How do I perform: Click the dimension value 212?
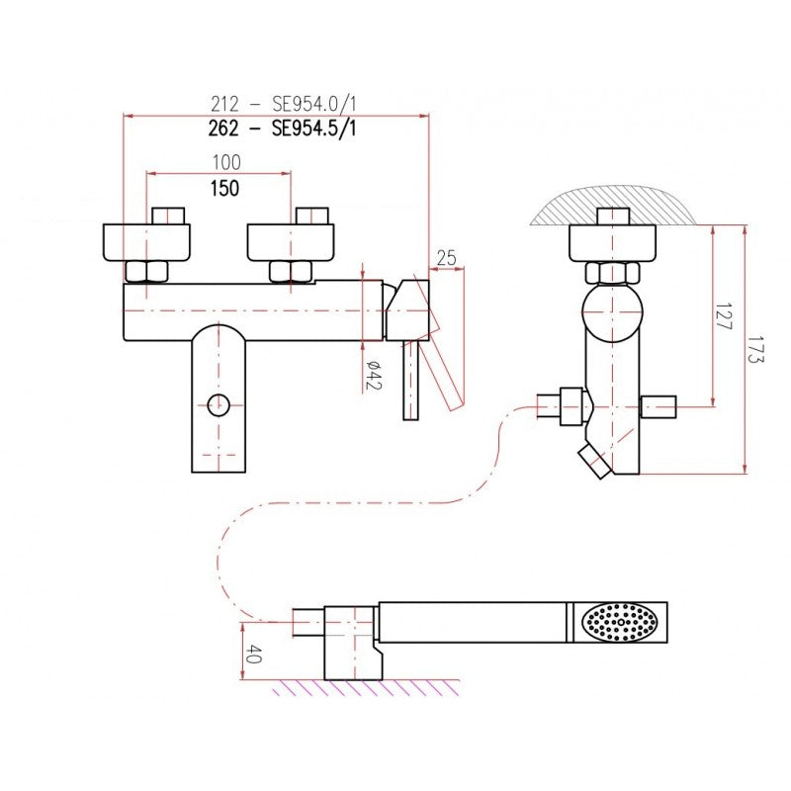coord(224,105)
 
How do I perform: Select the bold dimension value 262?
coord(223,129)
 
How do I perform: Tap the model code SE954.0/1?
coord(314,104)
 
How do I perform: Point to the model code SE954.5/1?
coord(313,129)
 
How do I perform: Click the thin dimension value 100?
coord(226,162)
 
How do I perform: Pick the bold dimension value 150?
coord(225,188)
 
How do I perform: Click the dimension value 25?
coord(446,258)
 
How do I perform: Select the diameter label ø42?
coord(374,376)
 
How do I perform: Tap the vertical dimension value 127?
coord(724,316)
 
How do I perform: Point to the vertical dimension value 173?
coord(756,350)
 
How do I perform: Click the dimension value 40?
coord(253,654)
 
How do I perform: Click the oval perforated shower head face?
coord(620,622)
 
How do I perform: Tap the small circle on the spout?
coord(219,404)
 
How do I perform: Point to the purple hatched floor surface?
coord(366,687)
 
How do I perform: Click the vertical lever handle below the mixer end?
coord(410,380)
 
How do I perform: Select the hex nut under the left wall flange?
coord(146,272)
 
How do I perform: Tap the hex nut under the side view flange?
coord(612,273)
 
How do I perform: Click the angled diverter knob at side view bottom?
coord(595,461)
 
